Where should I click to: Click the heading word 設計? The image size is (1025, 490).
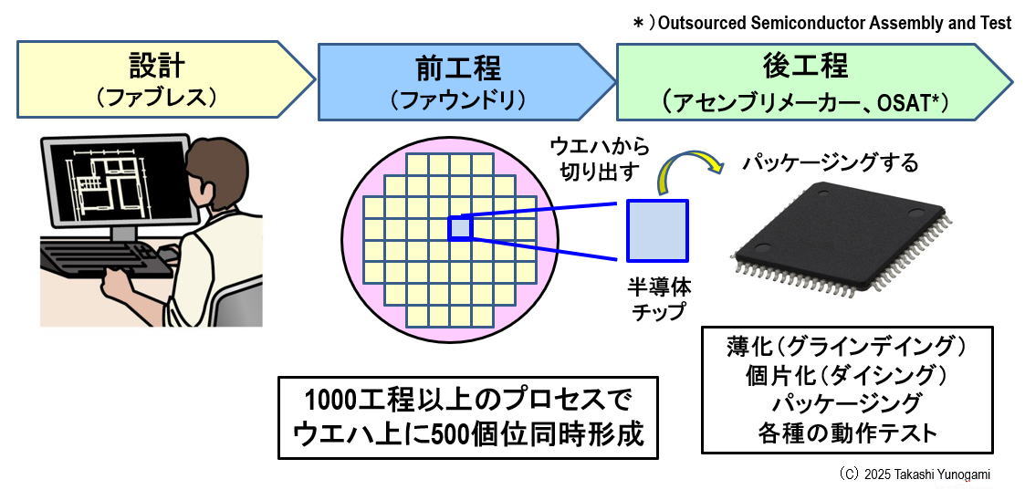click(156, 66)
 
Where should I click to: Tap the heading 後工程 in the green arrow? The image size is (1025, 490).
click(805, 66)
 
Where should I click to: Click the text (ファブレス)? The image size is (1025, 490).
click(156, 97)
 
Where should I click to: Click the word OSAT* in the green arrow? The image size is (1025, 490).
click(915, 99)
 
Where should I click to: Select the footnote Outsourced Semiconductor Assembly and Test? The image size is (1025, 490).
click(831, 24)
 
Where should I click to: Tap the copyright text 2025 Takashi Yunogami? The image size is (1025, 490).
click(926, 474)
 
